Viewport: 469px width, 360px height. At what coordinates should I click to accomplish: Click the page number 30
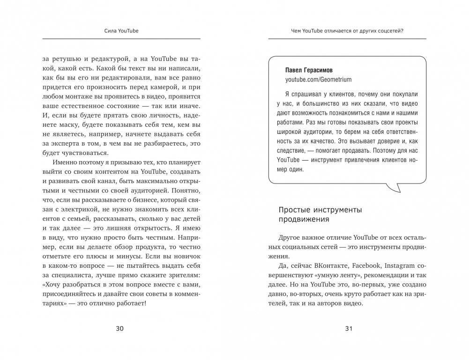[119, 329]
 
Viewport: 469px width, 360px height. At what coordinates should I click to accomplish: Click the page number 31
[348, 329]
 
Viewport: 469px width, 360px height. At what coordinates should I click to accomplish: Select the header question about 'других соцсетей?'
[347, 31]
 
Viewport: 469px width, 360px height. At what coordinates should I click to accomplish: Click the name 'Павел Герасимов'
[309, 70]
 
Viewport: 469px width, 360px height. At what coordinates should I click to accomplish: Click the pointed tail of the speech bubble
[397, 189]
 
